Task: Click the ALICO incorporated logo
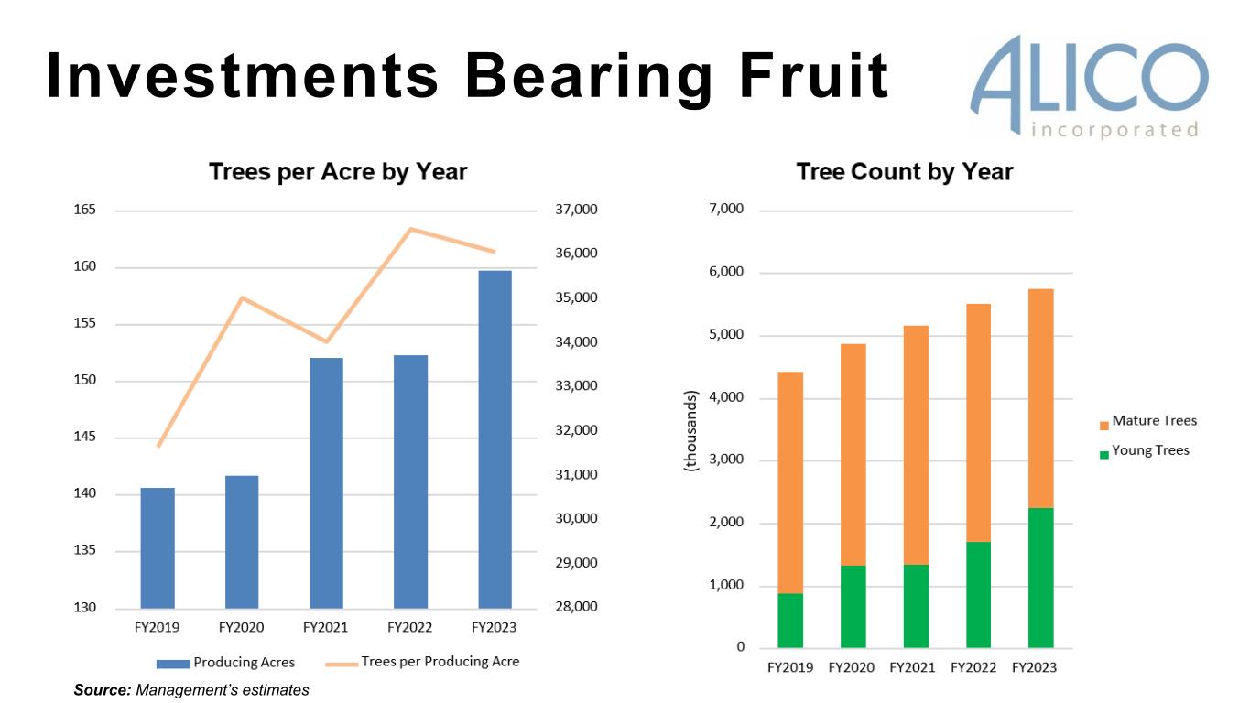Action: pos(1089,85)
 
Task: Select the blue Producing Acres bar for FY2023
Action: pos(495,439)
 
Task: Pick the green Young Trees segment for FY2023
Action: pos(1040,578)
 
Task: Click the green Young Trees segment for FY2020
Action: pos(853,606)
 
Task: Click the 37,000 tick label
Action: pos(576,211)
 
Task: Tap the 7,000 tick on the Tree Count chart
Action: pos(726,211)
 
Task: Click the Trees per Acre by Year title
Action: pos(338,172)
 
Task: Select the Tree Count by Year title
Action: pos(905,172)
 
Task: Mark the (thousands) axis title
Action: pos(690,430)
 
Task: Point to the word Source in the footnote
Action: pos(103,690)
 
